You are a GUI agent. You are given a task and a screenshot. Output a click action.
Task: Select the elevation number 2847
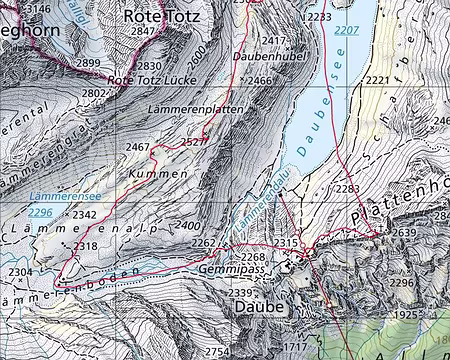tap(144, 33)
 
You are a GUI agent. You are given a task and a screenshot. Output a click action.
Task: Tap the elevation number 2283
tap(345, 189)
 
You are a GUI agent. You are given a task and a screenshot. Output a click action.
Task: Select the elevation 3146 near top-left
tap(37, 9)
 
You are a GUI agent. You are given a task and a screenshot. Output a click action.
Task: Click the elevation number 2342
tap(86, 215)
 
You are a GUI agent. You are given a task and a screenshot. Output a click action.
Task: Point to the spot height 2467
tap(137, 148)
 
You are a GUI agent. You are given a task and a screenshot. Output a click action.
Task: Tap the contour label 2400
tap(188, 226)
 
